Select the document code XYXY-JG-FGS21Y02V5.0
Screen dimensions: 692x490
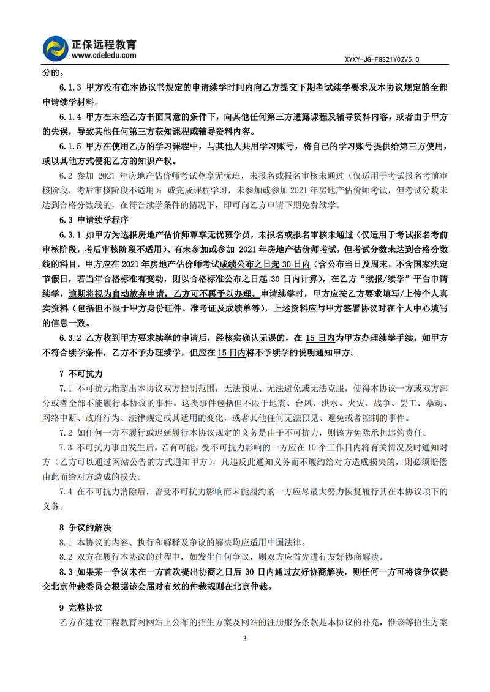tap(382, 59)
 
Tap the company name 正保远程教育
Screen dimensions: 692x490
tap(104, 44)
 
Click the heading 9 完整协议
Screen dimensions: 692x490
tap(80, 608)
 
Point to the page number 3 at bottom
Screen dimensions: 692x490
tap(245, 639)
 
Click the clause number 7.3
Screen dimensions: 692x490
tap(66, 447)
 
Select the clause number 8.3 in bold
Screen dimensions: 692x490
tap(66, 572)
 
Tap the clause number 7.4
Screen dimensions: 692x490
tap(66, 491)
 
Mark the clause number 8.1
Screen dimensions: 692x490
tap(66, 542)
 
